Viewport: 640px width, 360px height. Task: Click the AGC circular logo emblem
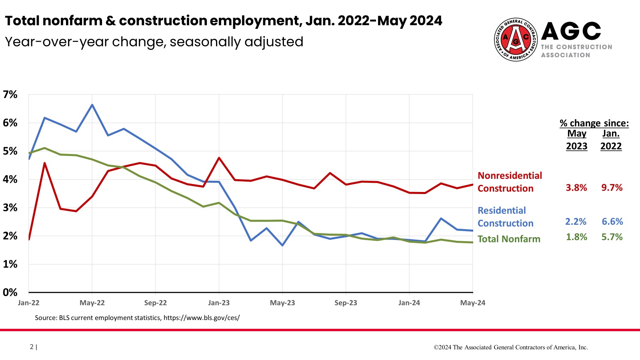tap(516, 40)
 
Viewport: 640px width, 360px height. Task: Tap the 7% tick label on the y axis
tap(10, 95)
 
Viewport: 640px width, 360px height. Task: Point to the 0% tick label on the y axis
tap(10, 292)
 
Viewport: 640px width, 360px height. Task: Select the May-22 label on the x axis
tap(92, 303)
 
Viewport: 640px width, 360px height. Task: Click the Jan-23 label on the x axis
tap(219, 303)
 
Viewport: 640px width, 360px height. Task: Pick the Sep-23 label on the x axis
tap(346, 303)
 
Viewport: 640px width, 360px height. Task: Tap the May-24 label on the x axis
tap(472, 303)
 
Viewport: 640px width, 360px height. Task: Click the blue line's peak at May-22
tap(92, 105)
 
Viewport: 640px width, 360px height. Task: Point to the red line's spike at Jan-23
tap(219, 158)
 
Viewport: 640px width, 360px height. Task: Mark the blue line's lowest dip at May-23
tap(282, 245)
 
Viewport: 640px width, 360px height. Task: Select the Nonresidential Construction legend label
tap(510, 182)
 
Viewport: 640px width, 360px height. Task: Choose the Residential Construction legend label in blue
tap(506, 217)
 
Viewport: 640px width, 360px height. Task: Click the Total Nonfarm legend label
tap(509, 239)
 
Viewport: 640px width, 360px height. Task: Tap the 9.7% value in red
tap(612, 188)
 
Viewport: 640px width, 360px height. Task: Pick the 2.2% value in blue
tap(576, 222)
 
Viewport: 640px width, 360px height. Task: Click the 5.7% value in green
tap(612, 237)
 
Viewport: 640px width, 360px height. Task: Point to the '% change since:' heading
tap(594, 123)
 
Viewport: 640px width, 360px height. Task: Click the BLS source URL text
tap(202, 318)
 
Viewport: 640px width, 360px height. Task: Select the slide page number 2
tap(32, 346)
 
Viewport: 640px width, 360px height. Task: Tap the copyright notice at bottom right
tap(511, 347)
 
